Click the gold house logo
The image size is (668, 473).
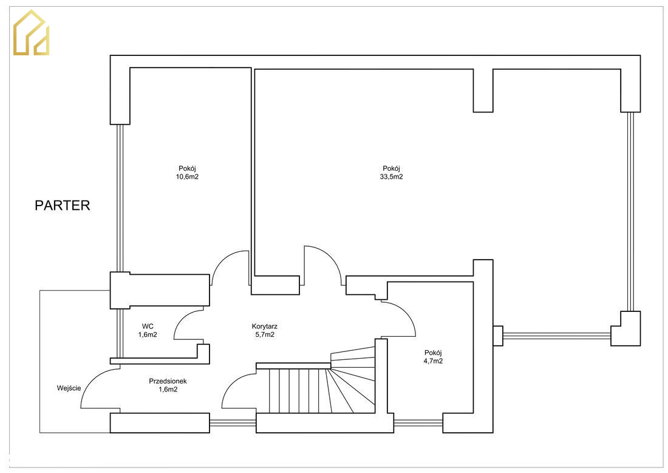pyautogui.click(x=31, y=33)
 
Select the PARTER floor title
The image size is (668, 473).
pyautogui.click(x=62, y=205)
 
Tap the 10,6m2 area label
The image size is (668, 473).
pyautogui.click(x=187, y=176)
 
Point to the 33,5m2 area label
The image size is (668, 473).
pyautogui.click(x=391, y=176)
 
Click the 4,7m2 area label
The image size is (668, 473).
pyautogui.click(x=433, y=361)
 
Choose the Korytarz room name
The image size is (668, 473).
pyautogui.click(x=265, y=326)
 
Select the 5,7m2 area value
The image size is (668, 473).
pyautogui.click(x=265, y=335)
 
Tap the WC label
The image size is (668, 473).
pyautogui.click(x=148, y=326)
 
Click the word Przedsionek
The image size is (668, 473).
pyautogui.click(x=168, y=381)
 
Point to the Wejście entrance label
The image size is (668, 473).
pyautogui.click(x=69, y=388)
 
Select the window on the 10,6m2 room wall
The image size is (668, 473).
pyautogui.click(x=120, y=198)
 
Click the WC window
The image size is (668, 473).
pyautogui.click(x=120, y=333)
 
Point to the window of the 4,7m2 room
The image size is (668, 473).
pyautogui.click(x=418, y=423)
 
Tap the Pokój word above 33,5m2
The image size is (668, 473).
pyautogui.click(x=391, y=168)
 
